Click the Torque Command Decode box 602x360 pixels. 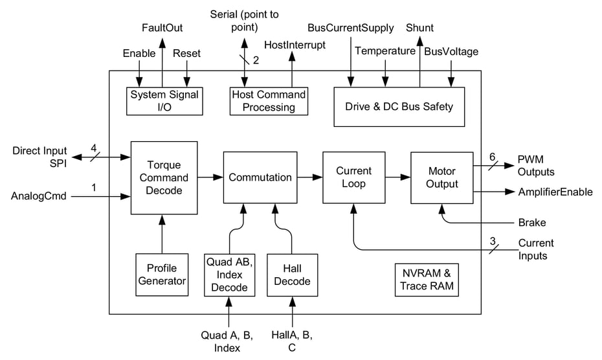click(164, 177)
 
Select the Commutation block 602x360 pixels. click(259, 177)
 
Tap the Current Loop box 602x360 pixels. click(353, 177)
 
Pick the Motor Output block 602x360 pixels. click(442, 177)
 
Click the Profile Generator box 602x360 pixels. click(162, 275)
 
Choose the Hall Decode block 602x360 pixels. click(292, 275)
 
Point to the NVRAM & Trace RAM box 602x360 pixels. click(427, 280)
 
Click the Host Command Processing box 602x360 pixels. click(268, 101)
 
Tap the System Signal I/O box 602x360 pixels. click(164, 101)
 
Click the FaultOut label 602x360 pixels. click(162, 28)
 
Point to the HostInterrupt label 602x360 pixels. click(295, 45)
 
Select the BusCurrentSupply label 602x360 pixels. click(350, 28)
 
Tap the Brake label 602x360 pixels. click(531, 223)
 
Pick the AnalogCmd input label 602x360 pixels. click(39, 196)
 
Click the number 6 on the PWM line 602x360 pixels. click(492, 157)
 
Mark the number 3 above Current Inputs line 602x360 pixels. click(493, 241)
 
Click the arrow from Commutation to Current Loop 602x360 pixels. click(309, 177)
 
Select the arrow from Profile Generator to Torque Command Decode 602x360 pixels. click(162, 233)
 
